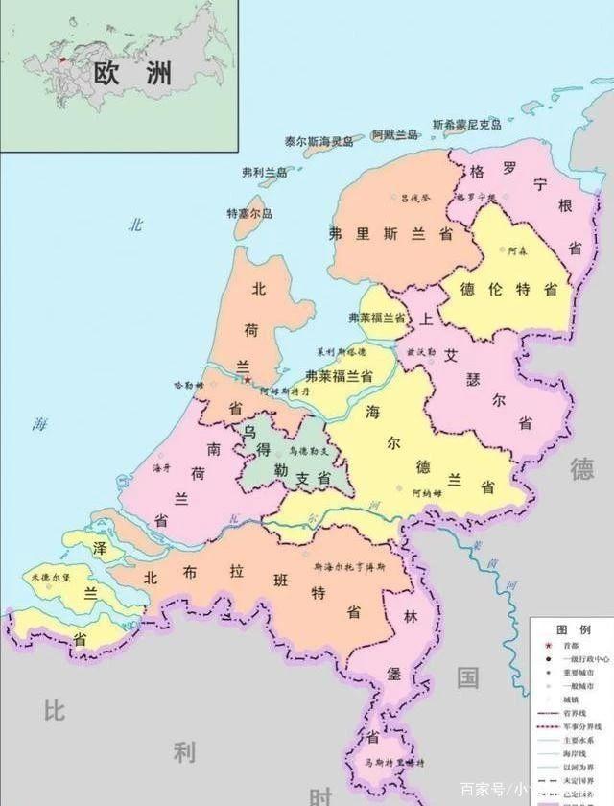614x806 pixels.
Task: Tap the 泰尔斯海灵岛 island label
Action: pos(318,140)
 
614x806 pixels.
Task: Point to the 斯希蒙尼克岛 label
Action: pos(467,125)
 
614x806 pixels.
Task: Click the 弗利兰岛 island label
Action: pos(265,173)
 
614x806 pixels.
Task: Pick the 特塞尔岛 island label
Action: pos(250,213)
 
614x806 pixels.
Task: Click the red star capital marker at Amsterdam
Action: pos(248,380)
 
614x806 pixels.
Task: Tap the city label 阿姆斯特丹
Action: pos(285,391)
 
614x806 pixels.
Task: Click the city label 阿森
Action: pos(518,251)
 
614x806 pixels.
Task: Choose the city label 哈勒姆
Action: pos(189,384)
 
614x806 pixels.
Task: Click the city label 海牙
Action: pos(162,468)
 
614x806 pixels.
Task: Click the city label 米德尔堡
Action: pos(50,580)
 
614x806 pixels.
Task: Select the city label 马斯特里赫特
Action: pos(393,762)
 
